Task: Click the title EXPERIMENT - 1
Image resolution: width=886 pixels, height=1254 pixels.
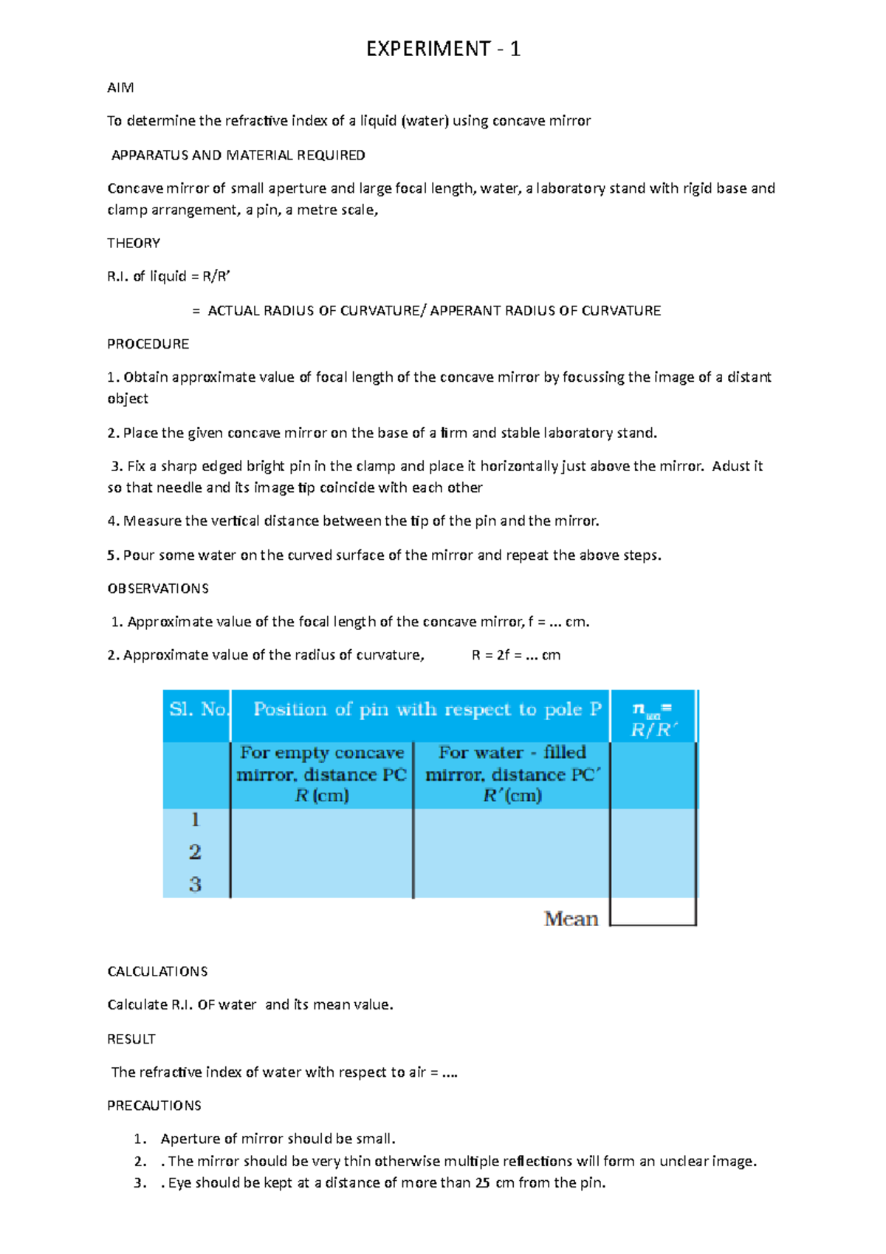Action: click(x=443, y=49)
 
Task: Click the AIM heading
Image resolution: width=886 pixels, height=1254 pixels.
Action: click(x=120, y=88)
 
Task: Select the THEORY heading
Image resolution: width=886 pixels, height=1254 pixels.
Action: click(x=134, y=243)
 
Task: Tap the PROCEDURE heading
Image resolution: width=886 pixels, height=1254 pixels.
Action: click(x=148, y=344)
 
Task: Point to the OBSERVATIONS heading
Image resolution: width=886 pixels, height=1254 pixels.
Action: click(x=158, y=589)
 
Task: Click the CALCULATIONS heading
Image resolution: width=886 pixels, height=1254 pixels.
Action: click(x=157, y=971)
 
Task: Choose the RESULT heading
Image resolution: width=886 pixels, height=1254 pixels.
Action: click(x=131, y=1039)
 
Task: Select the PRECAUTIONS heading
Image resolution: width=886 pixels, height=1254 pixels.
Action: click(x=154, y=1106)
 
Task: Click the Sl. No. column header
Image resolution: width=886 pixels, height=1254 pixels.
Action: click(x=198, y=710)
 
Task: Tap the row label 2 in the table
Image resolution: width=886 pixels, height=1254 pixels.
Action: click(x=195, y=852)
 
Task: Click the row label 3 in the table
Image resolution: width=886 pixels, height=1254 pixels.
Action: click(x=195, y=884)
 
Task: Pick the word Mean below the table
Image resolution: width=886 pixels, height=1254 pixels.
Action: click(x=571, y=919)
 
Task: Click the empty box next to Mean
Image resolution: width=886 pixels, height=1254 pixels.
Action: click(x=653, y=912)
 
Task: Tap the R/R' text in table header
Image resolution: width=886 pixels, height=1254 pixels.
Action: click(x=653, y=730)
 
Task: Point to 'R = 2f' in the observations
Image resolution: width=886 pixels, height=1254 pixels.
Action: click(x=490, y=655)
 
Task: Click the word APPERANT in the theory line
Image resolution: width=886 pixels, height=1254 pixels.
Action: click(x=464, y=311)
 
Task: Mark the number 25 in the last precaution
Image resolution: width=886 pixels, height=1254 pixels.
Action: click(x=482, y=1183)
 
